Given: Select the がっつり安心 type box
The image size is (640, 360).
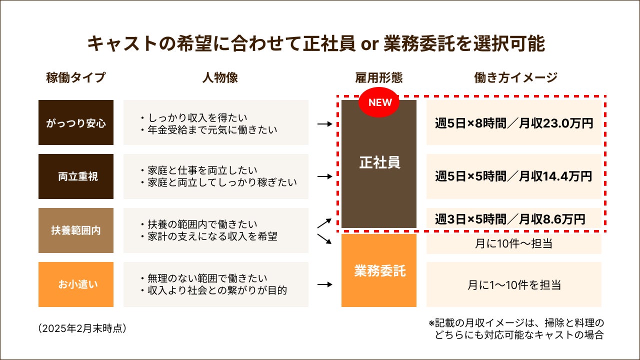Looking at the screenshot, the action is pos(76,123).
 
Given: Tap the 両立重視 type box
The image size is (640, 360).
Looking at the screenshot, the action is pos(76,176).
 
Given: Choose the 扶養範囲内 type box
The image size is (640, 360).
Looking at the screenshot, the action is pos(76,230).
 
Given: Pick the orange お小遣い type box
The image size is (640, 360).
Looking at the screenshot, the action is pos(76,284).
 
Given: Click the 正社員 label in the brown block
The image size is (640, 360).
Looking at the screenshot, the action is pos(379,163).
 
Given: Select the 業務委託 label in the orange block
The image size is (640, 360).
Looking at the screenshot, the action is pos(379,271).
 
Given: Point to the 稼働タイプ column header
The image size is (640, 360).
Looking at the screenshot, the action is pos(76,77).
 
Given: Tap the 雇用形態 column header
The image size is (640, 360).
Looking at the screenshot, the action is pos(379,77).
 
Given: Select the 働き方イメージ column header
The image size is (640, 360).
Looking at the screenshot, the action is pos(515,77).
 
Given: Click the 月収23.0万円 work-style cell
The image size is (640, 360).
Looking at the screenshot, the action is pos(514,123).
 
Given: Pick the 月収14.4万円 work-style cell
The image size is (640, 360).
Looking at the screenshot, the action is pos(514,176).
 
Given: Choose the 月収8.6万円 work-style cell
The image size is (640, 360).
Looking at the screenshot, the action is pos(514,218).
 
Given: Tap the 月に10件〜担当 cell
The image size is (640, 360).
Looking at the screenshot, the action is pos(514,244).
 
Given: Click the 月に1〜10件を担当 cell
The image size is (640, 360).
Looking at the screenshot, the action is pos(514,285).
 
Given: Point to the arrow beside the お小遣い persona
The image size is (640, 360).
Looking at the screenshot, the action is pos(325,284).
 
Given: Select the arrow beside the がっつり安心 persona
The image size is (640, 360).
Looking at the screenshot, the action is pos(325,123).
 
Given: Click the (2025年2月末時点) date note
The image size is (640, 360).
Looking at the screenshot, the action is pos(82,328).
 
